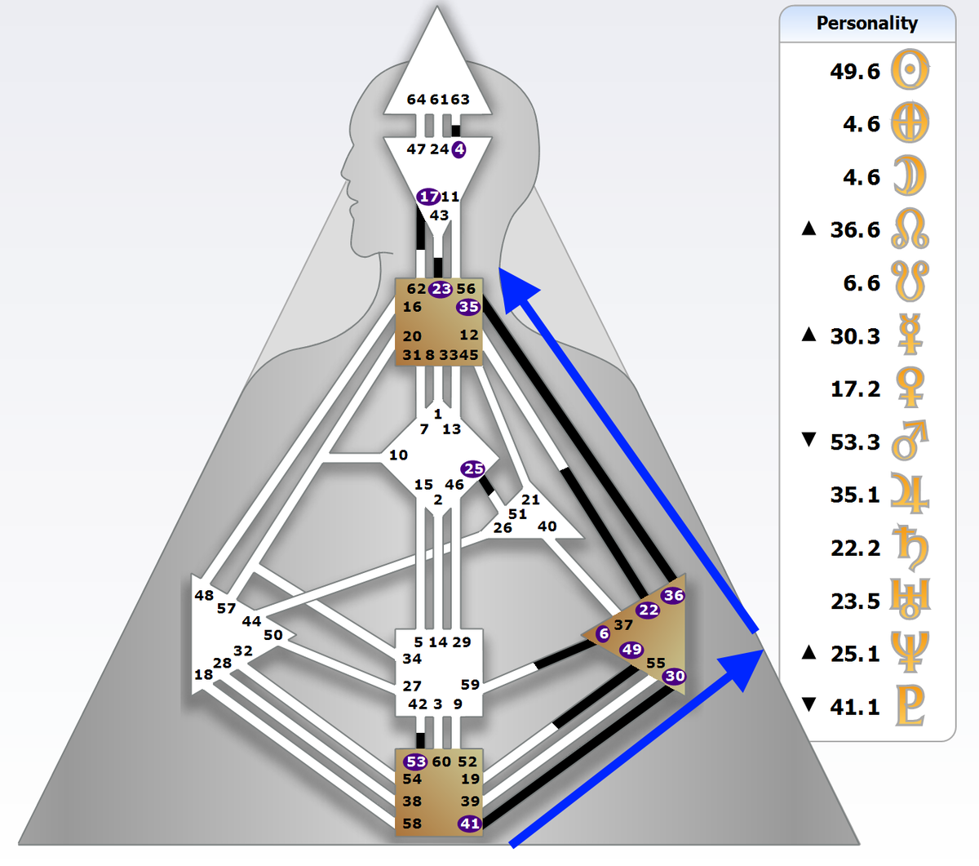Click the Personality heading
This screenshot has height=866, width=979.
pyautogui.click(x=867, y=23)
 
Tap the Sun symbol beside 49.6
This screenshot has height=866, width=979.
pyautogui.click(x=910, y=69)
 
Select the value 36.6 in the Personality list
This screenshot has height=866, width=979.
pyautogui.click(x=855, y=229)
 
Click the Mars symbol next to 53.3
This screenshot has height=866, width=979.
pyautogui.click(x=910, y=440)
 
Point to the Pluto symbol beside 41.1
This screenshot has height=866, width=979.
pyautogui.click(x=910, y=705)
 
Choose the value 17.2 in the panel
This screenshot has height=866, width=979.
pyautogui.click(x=855, y=389)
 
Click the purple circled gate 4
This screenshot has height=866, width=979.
pyautogui.click(x=459, y=149)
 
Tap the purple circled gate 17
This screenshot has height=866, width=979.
pyautogui.click(x=428, y=197)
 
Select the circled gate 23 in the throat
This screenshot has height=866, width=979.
pyautogui.click(x=441, y=289)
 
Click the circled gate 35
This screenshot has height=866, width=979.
pyautogui.click(x=468, y=307)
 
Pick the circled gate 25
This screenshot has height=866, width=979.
pyautogui.click(x=472, y=469)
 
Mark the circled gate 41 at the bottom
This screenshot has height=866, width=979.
pyautogui.click(x=470, y=823)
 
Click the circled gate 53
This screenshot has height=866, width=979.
pyautogui.click(x=415, y=762)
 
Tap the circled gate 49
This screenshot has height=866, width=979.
pyautogui.click(x=631, y=650)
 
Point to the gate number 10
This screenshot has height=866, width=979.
pyautogui.click(x=398, y=455)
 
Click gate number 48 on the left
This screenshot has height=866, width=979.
pyautogui.click(x=203, y=595)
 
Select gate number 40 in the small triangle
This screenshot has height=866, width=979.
pyautogui.click(x=547, y=526)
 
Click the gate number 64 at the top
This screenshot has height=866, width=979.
pyautogui.click(x=416, y=100)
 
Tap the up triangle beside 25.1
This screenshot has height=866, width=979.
pyautogui.click(x=809, y=652)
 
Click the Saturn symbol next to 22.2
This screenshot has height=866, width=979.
pyautogui.click(x=910, y=547)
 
